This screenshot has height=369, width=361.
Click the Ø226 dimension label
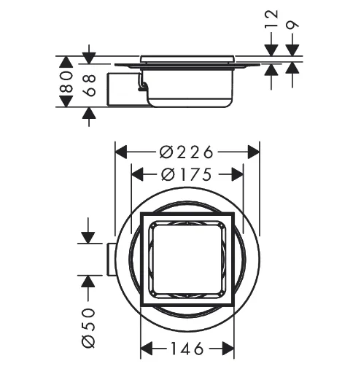[186, 152]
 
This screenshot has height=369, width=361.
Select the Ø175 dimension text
[186, 174]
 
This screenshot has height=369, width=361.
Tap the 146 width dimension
[187, 349]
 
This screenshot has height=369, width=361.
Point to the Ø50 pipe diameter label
[88, 328]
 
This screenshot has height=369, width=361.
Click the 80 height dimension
[66, 82]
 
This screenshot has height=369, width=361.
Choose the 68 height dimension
[89, 85]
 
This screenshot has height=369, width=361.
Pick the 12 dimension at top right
[271, 19]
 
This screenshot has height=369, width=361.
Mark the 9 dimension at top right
[292, 25]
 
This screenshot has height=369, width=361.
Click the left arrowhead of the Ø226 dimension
[121, 152]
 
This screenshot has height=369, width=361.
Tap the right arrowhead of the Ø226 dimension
[254, 152]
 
